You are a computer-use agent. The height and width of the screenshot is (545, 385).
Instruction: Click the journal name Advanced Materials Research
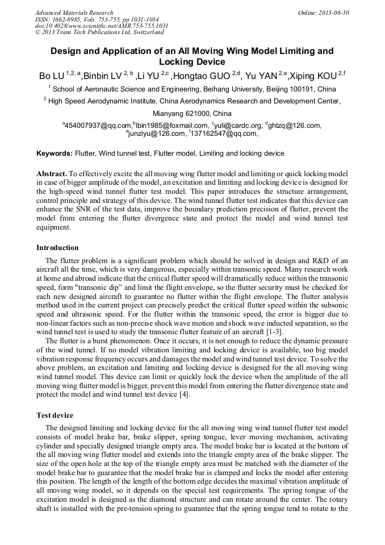point(74,13)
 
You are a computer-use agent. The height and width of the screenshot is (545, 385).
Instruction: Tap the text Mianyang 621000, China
point(192,114)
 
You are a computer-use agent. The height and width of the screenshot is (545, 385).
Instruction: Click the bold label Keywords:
point(55,153)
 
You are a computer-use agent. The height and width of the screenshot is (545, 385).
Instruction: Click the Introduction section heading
point(57,248)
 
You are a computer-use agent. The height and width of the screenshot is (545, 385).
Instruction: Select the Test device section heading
point(56,415)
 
